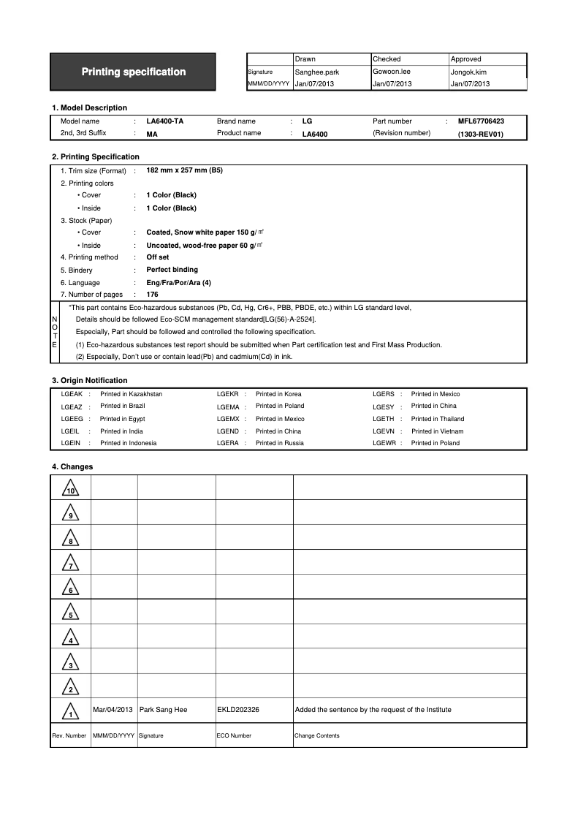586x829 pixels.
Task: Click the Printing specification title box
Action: pos(133,72)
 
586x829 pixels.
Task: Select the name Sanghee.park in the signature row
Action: pos(316,72)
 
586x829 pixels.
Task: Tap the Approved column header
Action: pos(465,59)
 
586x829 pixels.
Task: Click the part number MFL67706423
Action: pos(481,121)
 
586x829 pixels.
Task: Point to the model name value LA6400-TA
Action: pos(164,121)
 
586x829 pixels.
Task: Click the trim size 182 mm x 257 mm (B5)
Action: pos(184,170)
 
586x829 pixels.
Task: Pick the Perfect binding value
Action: pos(172,270)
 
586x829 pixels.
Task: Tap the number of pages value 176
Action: pos(152,295)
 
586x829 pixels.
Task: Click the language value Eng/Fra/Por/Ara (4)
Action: pos(178,283)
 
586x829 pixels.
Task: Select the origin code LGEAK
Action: pos(71,394)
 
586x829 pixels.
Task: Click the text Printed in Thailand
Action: pos(437,419)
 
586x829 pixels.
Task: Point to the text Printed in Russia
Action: pos(279,443)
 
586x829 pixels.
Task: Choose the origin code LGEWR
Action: pos(384,443)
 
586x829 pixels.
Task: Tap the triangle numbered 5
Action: pos(70,613)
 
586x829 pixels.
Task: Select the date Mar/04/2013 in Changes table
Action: pos(113,710)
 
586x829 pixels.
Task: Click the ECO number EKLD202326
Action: pos(238,710)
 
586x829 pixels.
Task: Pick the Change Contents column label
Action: pos(316,736)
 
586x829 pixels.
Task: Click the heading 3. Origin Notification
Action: pos(89,380)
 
